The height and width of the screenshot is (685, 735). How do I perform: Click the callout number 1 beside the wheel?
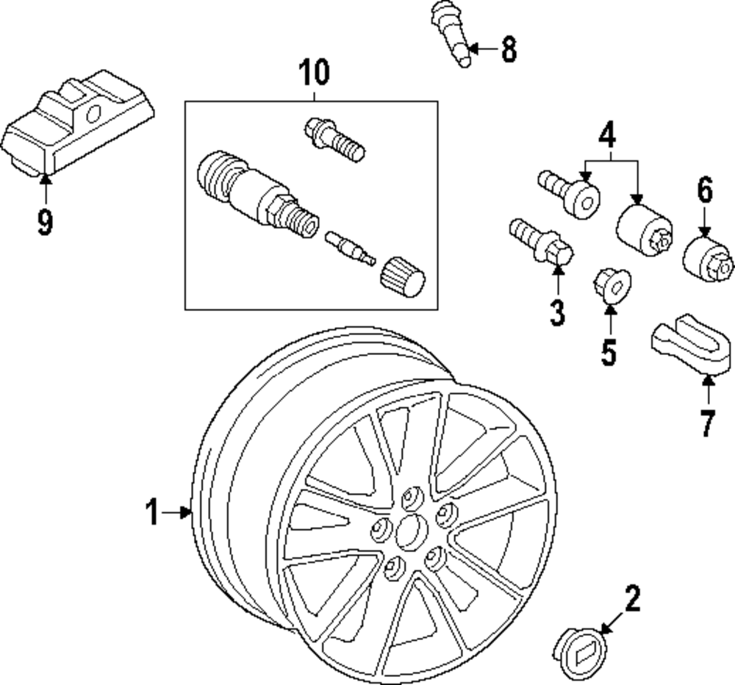point(152,512)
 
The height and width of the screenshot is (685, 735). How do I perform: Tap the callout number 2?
point(632,598)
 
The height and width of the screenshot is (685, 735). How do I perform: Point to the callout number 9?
point(46,221)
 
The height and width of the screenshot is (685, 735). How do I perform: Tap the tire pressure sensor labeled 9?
point(77,126)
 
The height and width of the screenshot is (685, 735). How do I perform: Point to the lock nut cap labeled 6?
point(708,257)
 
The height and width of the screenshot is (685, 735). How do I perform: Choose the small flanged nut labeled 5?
point(610,285)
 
